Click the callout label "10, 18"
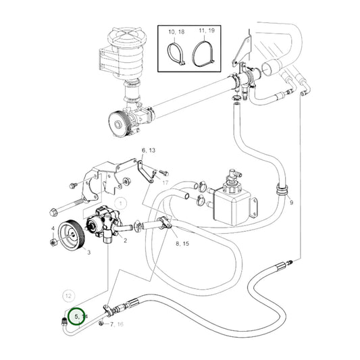pos(175,32)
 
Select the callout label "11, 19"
pos(205,32)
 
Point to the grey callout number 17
pos(164,182)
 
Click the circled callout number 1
pos(121,202)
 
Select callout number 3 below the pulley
pos(88,251)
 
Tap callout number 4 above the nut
pos(52,228)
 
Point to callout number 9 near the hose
pos(291,203)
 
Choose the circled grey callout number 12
pos(68,295)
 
